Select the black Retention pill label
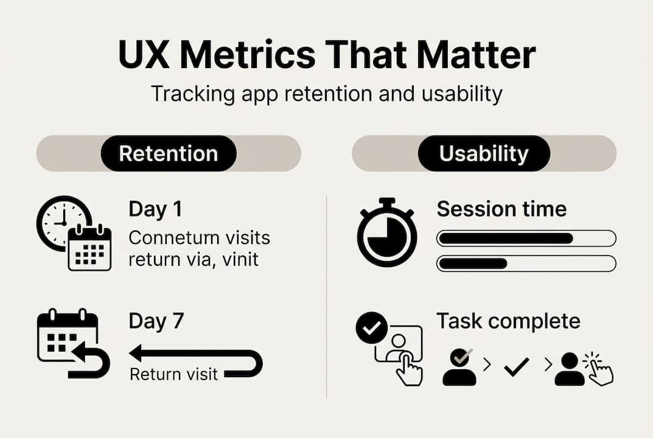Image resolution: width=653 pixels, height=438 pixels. (x=168, y=153)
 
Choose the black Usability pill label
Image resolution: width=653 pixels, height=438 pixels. (x=484, y=153)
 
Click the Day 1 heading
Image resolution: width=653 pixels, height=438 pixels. (x=155, y=209)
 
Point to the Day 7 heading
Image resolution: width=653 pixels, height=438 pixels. (x=156, y=321)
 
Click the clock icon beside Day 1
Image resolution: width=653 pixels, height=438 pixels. (x=61, y=219)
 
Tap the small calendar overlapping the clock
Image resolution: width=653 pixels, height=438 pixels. (x=89, y=248)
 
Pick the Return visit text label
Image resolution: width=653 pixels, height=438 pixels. (x=173, y=374)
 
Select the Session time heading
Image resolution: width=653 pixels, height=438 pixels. (x=501, y=209)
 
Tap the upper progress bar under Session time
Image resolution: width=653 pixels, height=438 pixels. (x=526, y=238)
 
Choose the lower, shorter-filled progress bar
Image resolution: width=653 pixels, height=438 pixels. (x=526, y=263)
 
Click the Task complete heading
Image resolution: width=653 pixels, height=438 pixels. (x=508, y=321)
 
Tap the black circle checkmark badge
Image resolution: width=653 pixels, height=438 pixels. (x=371, y=328)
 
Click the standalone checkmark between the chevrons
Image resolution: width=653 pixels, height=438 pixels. (x=517, y=366)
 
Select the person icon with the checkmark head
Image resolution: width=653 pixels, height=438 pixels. (x=459, y=366)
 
